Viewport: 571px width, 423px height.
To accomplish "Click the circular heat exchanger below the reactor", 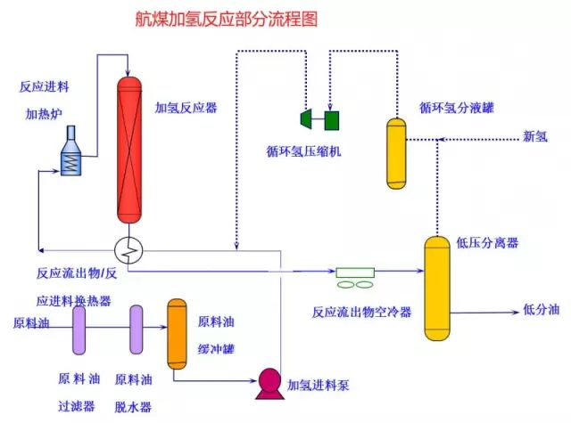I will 130,250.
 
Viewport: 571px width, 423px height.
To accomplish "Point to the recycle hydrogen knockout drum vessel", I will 396,152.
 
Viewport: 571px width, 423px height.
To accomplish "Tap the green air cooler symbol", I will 356,277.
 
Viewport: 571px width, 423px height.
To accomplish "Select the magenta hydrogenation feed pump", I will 267,381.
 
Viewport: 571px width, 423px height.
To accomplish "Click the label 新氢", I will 535,136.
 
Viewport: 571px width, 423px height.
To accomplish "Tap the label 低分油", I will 541,310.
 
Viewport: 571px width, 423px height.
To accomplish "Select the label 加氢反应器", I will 186,108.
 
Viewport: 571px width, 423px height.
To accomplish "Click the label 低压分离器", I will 487,242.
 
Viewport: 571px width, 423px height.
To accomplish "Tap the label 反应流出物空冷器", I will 361,312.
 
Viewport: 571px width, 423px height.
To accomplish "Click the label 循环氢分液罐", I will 457,107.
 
